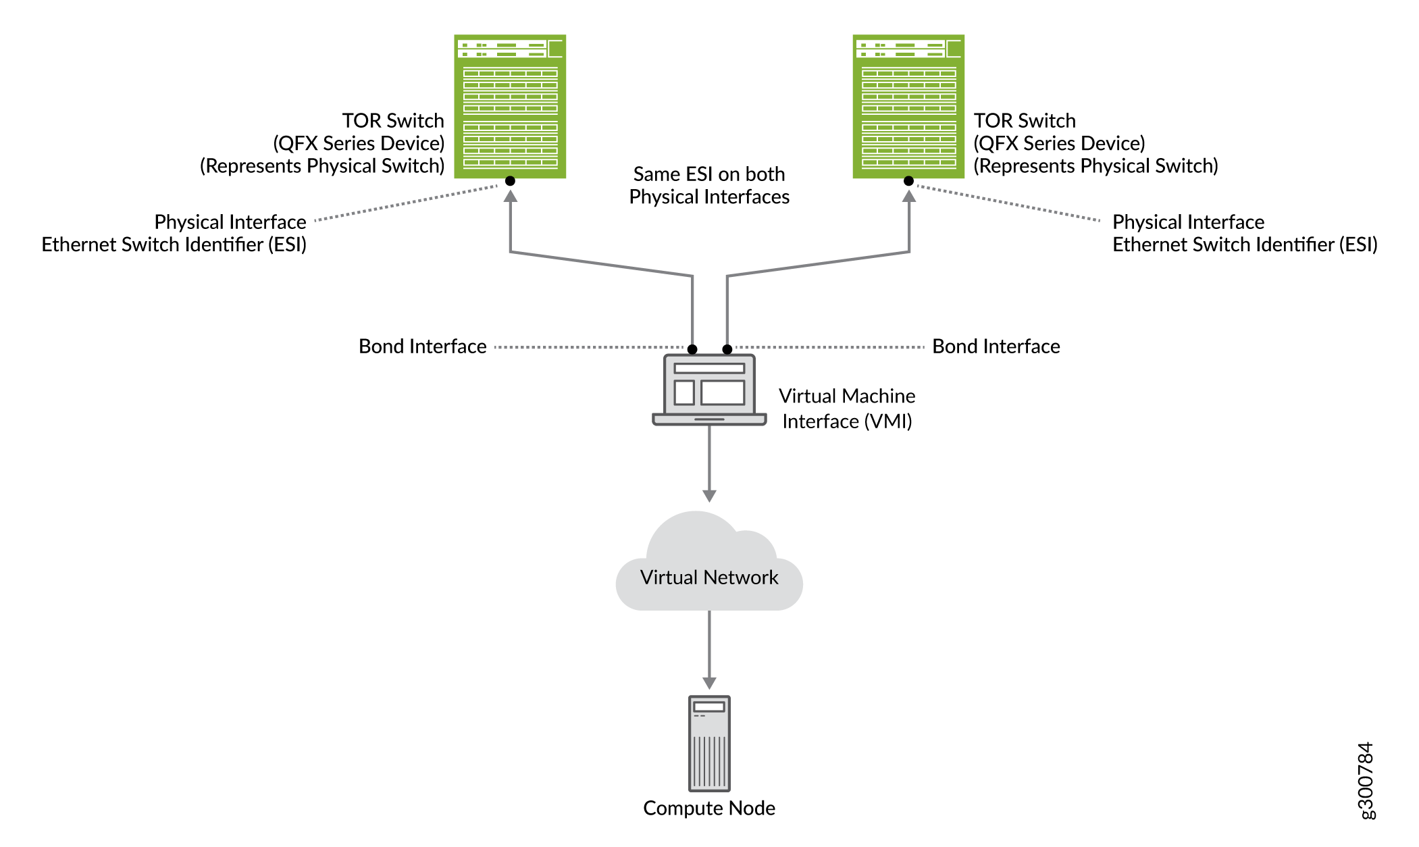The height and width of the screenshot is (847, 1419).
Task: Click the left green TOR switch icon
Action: tap(510, 107)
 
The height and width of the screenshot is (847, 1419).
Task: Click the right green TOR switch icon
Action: tap(908, 107)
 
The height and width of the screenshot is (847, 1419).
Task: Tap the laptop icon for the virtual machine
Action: tap(709, 390)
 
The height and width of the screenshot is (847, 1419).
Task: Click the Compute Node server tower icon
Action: tap(709, 743)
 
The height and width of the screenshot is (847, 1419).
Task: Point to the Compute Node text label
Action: tap(709, 808)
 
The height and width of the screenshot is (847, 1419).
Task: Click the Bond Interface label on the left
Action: tap(422, 346)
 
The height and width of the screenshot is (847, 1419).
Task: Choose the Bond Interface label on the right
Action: tap(996, 346)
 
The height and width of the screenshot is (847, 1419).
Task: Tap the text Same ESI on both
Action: tap(709, 174)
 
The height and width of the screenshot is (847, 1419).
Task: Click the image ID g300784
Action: tap(1366, 781)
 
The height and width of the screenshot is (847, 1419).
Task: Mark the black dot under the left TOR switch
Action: tap(510, 181)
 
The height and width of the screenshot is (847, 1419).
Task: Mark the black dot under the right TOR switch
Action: tap(908, 181)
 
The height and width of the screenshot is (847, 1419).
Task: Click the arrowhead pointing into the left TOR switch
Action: tap(511, 197)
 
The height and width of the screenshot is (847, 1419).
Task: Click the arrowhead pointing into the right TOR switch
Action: tap(909, 197)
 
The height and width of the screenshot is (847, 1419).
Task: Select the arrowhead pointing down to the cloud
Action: tap(709, 496)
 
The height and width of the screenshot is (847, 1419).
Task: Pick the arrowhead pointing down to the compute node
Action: tap(709, 683)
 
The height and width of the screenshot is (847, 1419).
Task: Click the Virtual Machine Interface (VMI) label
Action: tap(847, 409)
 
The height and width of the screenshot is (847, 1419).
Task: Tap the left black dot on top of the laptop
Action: tap(692, 349)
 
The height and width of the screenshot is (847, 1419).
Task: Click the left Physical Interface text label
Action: tap(230, 222)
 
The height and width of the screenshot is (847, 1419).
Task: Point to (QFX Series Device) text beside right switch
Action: tap(1059, 143)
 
